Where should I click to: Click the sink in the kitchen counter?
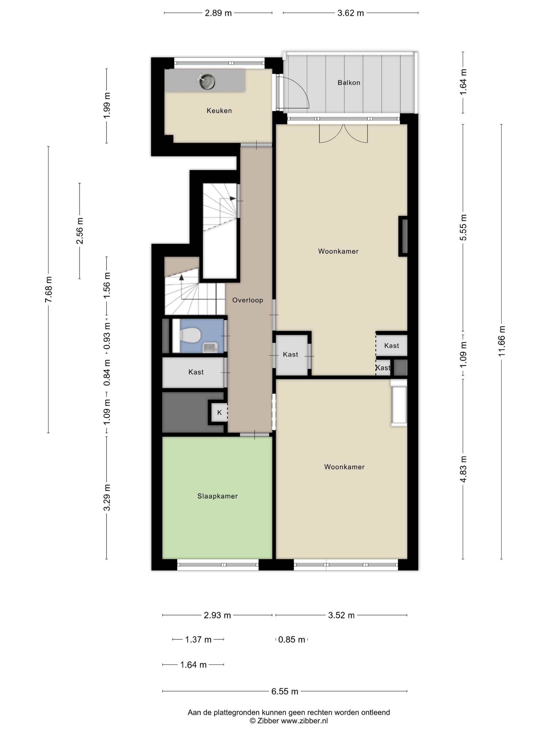[207, 81]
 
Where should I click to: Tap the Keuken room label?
[219, 111]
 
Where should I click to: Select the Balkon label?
[349, 82]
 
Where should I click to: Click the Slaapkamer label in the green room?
[217, 496]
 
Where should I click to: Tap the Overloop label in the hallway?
[248, 300]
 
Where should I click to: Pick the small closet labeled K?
[219, 413]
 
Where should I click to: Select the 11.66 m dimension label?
[501, 341]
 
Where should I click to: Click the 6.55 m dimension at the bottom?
[285, 691]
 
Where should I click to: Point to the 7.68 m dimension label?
[48, 289]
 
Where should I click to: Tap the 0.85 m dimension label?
[291, 640]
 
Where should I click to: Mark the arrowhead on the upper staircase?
[233, 198]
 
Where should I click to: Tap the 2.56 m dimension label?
[80, 231]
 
